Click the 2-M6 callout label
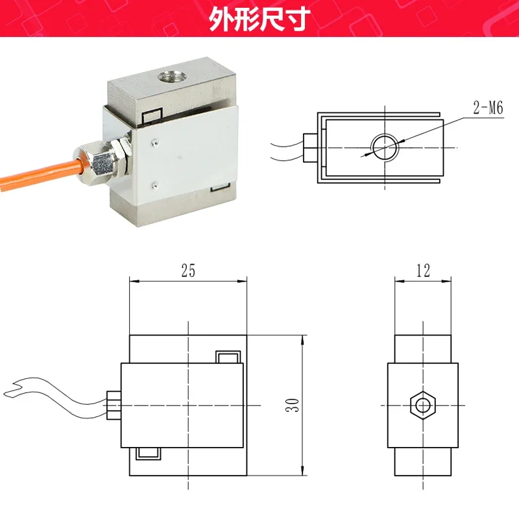(x=488, y=108)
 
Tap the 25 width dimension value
(x=187, y=271)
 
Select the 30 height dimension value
(x=294, y=406)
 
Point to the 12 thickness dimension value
(x=423, y=271)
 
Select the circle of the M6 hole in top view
(x=385, y=147)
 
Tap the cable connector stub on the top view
(x=310, y=147)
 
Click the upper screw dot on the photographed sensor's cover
(x=154, y=140)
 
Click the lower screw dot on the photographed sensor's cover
(x=154, y=183)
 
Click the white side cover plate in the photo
(x=188, y=156)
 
